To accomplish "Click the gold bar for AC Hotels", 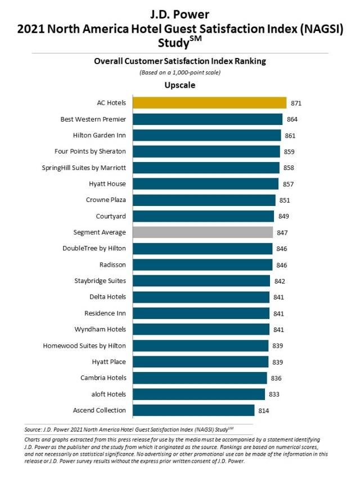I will coord(209,102).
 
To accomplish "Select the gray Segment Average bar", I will coord(202,232).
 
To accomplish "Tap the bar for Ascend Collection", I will coord(193,410).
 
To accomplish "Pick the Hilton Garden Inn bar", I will coord(206,135).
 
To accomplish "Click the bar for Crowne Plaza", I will coord(204,200).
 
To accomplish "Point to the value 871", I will coord(296,103).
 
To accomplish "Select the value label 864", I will coord(292,119).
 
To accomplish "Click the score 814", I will coord(264,411).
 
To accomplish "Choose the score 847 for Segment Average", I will coord(282,232).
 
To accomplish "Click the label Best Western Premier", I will coord(93,119).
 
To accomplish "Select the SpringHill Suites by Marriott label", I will coord(84,168).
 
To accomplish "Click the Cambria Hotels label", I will coord(101,378).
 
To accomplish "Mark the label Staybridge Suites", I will coord(100,281).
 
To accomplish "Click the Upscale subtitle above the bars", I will coord(179,86).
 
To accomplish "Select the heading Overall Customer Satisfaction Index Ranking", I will coord(179,61).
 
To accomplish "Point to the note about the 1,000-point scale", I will coord(179,73).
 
